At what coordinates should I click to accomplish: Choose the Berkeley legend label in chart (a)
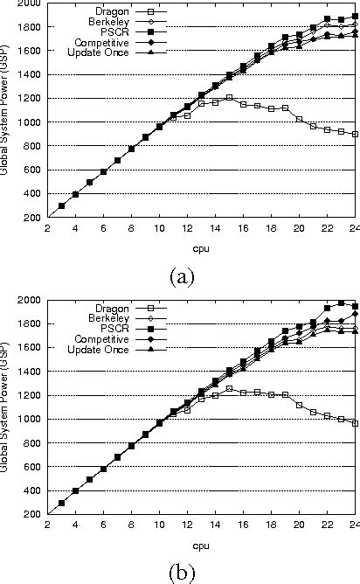(x=107, y=21)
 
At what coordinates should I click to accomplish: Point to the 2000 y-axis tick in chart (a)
(x=34, y=4)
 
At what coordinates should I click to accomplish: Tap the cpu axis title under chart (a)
(x=202, y=247)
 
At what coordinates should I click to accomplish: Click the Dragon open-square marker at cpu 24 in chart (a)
(x=355, y=134)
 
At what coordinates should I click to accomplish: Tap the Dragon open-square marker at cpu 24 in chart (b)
(x=355, y=422)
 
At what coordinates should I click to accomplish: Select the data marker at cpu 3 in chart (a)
(x=61, y=205)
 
